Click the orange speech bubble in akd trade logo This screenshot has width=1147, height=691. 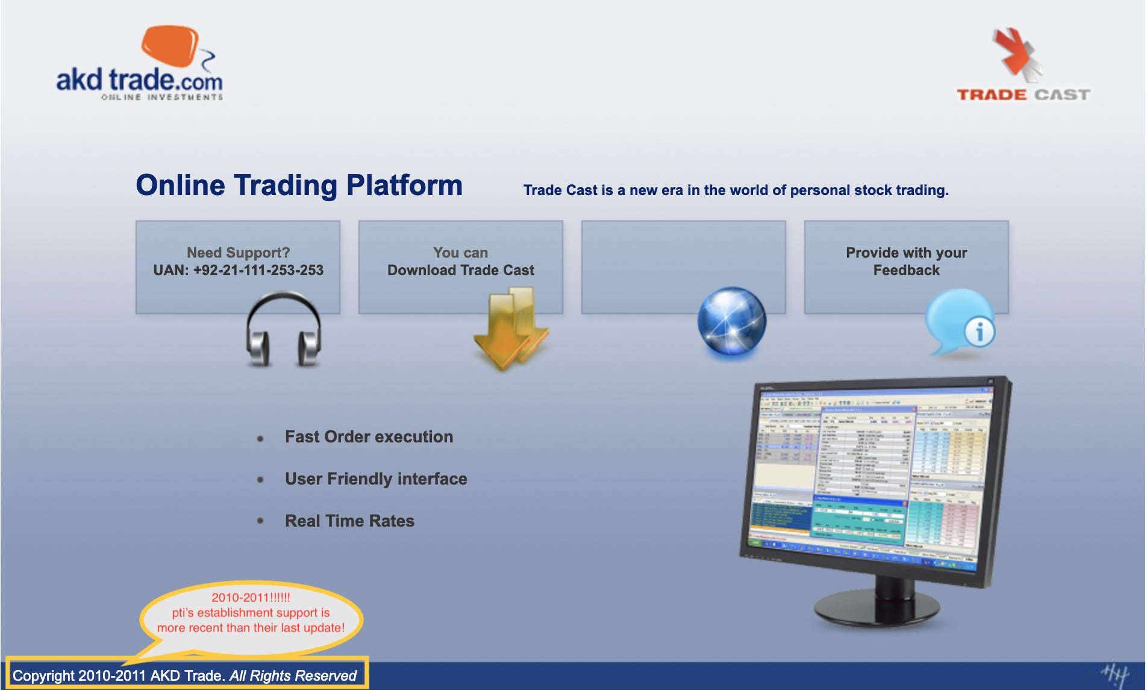tap(169, 46)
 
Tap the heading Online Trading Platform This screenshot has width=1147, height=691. tap(299, 185)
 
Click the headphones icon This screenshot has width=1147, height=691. tap(283, 329)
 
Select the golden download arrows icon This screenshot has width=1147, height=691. tap(511, 328)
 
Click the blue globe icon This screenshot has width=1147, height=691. tap(731, 321)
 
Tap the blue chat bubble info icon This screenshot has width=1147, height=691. tap(960, 322)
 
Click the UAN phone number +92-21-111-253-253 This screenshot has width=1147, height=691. tap(239, 270)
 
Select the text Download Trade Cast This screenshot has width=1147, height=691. tap(460, 270)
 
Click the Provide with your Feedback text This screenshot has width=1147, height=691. tap(906, 261)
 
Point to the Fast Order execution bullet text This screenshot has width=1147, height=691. tap(369, 437)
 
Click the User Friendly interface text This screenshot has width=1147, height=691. tap(376, 479)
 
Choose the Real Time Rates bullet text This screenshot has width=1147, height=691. tap(349, 521)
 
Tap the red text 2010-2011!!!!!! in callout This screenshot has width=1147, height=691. tap(251, 598)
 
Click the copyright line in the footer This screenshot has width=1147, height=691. tap(184, 676)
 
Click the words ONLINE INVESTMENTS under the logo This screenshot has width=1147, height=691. tap(161, 97)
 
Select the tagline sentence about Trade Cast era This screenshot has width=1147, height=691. tap(736, 190)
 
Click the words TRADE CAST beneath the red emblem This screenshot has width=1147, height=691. tap(1023, 95)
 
